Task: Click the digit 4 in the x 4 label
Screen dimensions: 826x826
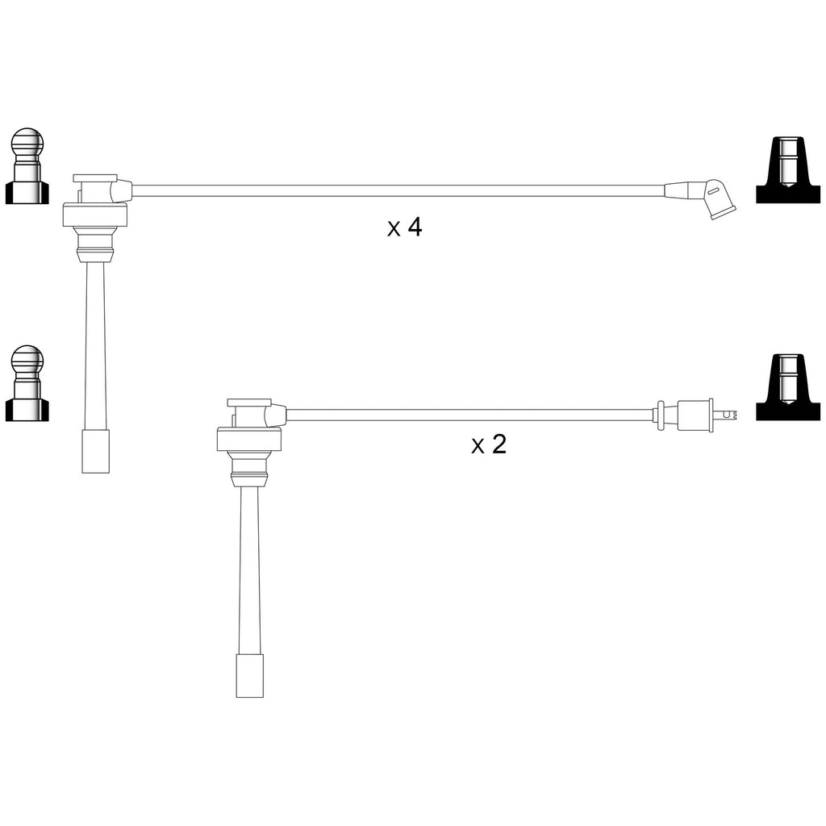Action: tap(415, 227)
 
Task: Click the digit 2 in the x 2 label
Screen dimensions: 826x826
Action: tap(499, 444)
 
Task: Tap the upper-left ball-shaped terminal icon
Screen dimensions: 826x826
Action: tap(27, 165)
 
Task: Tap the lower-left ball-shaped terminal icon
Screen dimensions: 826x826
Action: tap(27, 383)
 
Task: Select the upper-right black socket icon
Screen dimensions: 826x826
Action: tap(788, 170)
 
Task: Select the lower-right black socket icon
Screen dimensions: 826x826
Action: tap(788, 387)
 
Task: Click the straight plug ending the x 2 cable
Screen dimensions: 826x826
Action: tap(695, 415)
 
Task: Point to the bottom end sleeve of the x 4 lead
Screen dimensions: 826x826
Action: tap(96, 451)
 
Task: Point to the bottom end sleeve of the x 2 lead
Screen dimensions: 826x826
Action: tap(250, 677)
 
